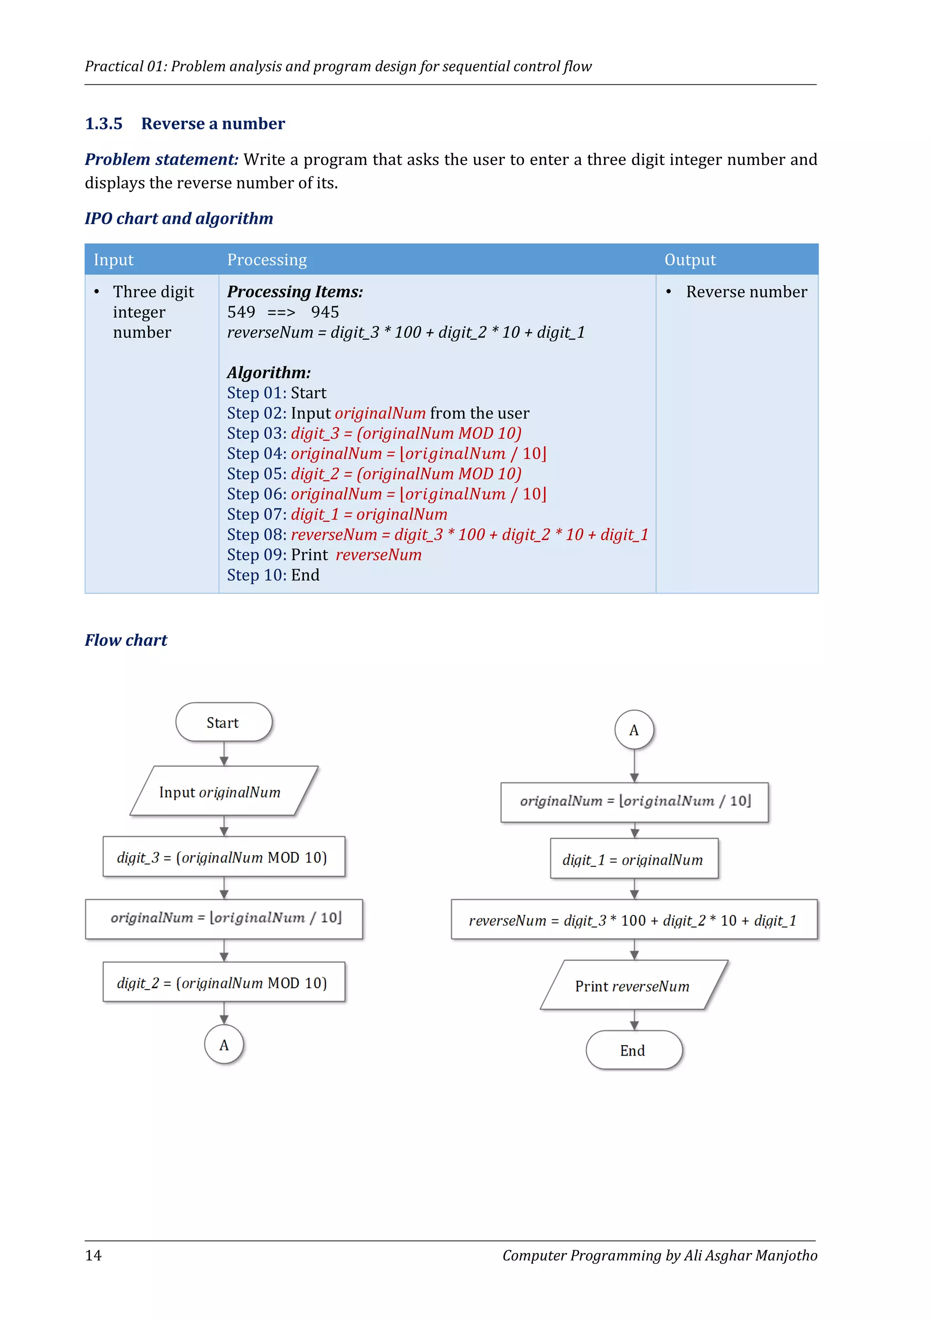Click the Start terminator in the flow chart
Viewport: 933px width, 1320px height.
[x=224, y=722]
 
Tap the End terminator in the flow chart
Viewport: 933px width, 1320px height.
[x=634, y=1050]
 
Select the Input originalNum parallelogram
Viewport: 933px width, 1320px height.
[x=224, y=792]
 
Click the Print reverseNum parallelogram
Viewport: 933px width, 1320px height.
[x=634, y=986]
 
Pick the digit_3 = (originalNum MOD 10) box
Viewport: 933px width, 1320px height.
[x=224, y=857]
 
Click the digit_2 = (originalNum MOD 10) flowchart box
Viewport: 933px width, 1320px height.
[x=224, y=983]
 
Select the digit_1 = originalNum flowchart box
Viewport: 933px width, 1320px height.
[x=634, y=860]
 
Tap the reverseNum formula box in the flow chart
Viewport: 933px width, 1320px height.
[x=634, y=920]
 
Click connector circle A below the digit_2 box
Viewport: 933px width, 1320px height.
[x=224, y=1045]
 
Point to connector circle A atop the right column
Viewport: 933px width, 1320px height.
[x=634, y=730]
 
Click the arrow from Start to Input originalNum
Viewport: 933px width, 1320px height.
[x=224, y=754]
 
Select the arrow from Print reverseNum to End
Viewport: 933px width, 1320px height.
[x=634, y=1020]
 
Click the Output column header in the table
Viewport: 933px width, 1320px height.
[x=690, y=260]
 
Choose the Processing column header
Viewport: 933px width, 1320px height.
[x=267, y=260]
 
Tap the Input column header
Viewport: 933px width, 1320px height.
[x=114, y=260]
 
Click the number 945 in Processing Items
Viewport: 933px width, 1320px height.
[x=325, y=312]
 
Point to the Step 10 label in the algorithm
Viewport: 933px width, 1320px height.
[x=256, y=575]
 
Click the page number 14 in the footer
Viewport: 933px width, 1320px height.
[x=93, y=1255]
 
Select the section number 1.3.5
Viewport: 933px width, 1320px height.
[x=104, y=124]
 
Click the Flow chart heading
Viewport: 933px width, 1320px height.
[x=126, y=640]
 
